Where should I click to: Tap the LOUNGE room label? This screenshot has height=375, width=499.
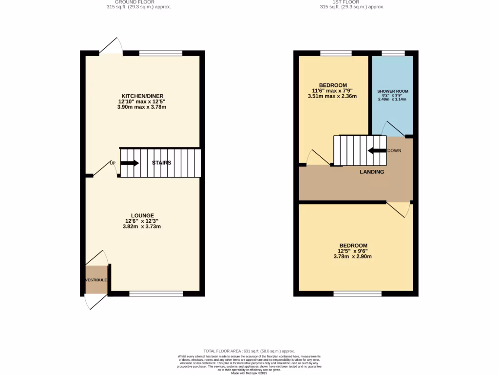point(142,215)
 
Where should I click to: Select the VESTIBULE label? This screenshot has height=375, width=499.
point(96,280)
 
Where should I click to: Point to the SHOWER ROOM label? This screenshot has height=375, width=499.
point(392,91)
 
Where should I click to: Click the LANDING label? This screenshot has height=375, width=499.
point(372,172)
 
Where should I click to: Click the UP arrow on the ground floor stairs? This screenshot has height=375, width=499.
point(129,163)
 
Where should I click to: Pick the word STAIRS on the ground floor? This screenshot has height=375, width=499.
point(161,163)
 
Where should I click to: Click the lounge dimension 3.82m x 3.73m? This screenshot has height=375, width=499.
point(142,227)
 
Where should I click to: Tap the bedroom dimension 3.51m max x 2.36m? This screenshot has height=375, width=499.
point(332,96)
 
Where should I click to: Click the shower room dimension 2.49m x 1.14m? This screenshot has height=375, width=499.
point(392,99)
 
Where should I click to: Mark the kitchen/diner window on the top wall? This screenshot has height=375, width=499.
point(161,53)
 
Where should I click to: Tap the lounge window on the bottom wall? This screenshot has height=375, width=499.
point(156,294)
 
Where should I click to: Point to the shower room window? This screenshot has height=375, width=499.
point(393,53)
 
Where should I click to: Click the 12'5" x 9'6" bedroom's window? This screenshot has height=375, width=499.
point(357,294)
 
